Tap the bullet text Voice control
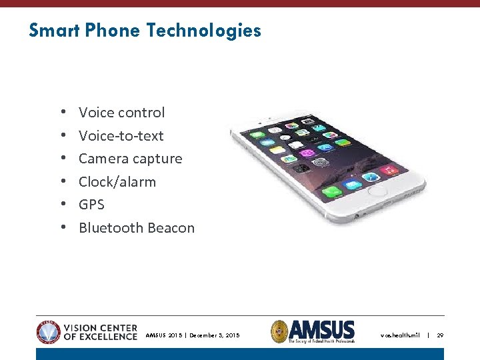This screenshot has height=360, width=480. point(121,113)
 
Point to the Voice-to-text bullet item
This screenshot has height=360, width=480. point(121,136)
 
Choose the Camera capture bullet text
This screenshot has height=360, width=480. point(130,159)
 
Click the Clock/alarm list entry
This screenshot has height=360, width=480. point(117,182)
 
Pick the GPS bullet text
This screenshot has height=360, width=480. point(91,205)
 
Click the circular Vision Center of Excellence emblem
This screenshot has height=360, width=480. point(49,331)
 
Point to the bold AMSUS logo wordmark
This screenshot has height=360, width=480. point(324,329)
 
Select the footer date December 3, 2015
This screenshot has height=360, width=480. point(214,335)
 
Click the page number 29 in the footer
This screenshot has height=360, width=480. point(440,335)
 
